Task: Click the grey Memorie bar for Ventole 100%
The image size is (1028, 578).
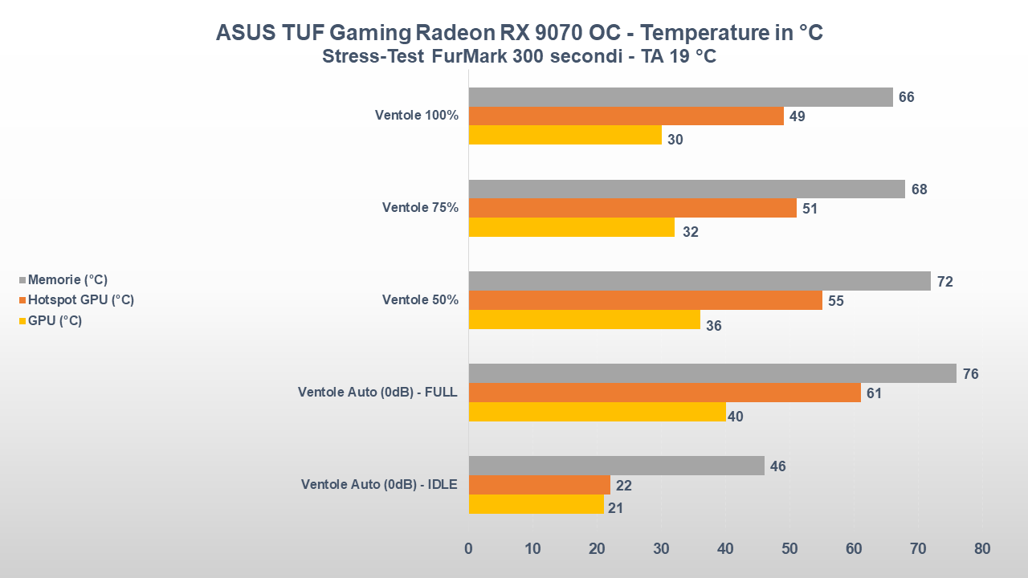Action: coord(680,97)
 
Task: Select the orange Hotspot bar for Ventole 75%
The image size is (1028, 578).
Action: coord(632,209)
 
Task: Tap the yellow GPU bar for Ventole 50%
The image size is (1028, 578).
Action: coord(584,320)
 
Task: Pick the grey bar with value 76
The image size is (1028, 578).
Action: coord(712,373)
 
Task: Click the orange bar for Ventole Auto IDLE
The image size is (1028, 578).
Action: coord(539,485)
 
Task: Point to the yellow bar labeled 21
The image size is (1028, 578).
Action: coord(536,504)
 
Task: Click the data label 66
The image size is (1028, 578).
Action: coord(907,97)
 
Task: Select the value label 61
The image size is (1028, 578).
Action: coord(875,393)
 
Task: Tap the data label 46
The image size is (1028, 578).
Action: coord(777,466)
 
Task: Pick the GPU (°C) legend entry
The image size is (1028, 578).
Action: coord(55,320)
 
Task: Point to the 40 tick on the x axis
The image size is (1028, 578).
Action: coord(725,549)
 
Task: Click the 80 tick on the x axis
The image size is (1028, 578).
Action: coord(981,549)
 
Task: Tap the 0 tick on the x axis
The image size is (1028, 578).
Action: coord(468,549)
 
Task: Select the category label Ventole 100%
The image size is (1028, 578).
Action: coord(416,116)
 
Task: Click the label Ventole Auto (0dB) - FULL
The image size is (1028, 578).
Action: coord(377,393)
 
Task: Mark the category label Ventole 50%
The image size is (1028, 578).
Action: coord(420,300)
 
